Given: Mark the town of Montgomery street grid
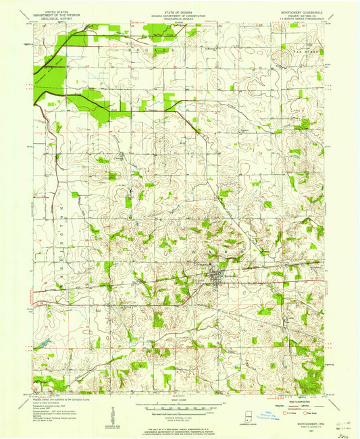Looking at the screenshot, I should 218,276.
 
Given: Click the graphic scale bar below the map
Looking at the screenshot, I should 180,408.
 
